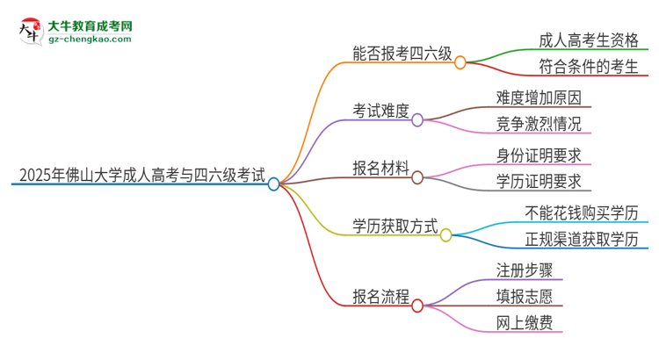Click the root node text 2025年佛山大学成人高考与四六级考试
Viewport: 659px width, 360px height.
(138, 174)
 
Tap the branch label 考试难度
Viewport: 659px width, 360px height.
(381, 111)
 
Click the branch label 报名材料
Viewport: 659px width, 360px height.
(381, 168)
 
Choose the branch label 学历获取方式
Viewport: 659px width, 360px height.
(395, 226)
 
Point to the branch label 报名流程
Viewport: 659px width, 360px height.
(381, 296)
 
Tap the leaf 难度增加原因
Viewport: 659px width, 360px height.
(539, 97)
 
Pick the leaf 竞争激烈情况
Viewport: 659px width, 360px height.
(539, 126)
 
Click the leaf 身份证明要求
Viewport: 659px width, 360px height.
(539, 155)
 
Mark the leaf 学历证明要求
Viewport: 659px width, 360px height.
(539, 183)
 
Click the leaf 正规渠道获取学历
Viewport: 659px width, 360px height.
(581, 240)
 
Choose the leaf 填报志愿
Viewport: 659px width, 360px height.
(525, 297)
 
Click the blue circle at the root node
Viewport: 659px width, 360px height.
(273, 184)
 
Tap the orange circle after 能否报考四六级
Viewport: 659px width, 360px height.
(460, 62)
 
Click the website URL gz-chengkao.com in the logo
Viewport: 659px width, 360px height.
(90, 40)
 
